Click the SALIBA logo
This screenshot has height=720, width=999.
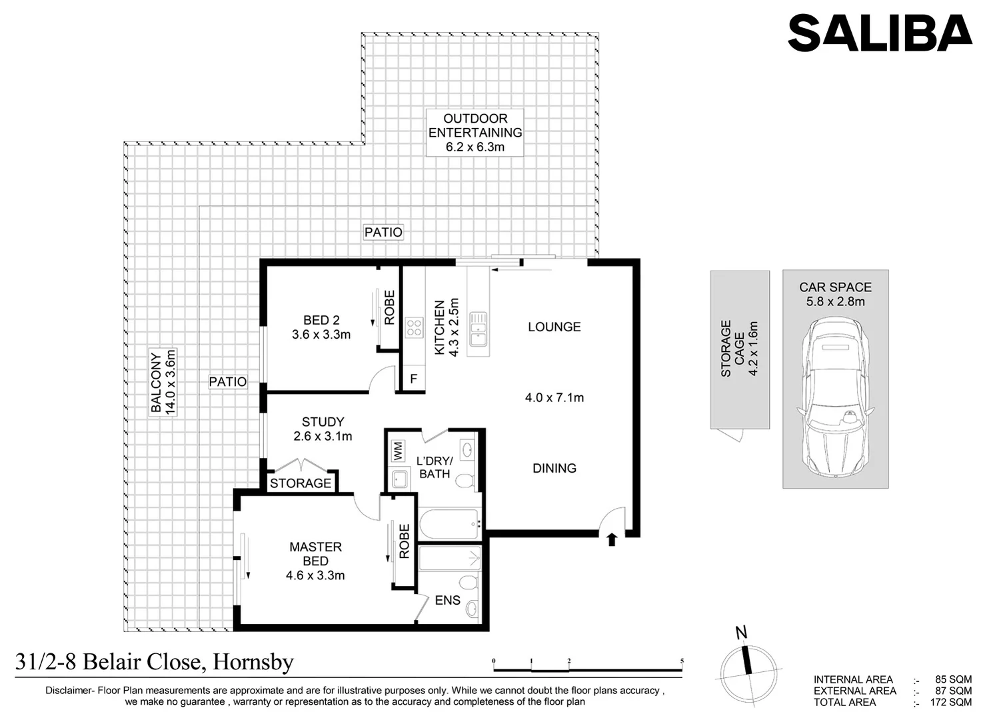tap(879, 33)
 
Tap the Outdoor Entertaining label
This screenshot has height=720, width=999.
tap(475, 132)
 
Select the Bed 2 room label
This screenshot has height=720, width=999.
tap(321, 327)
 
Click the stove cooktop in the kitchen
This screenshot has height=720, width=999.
tap(414, 327)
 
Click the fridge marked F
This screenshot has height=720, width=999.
tap(413, 379)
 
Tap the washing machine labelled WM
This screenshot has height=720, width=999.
tap(398, 451)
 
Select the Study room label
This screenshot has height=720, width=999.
tap(323, 429)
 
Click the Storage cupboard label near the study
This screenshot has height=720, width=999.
tap(301, 483)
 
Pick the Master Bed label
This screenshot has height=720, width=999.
tap(315, 561)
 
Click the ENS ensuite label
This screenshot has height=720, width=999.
tap(447, 601)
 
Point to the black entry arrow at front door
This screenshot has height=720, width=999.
tap(612, 539)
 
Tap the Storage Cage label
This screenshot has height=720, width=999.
tap(739, 349)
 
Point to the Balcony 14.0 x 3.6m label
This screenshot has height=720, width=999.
tap(163, 382)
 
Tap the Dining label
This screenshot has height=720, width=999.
tap(554, 468)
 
